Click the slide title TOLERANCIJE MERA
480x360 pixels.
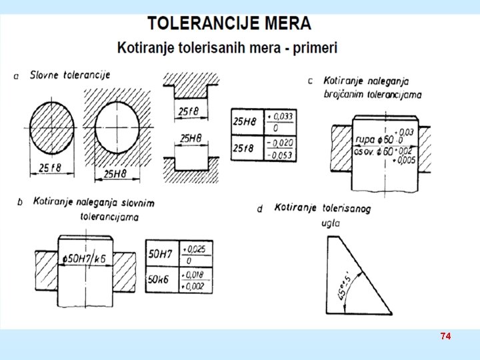(x=229, y=23)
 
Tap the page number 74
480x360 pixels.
(x=445, y=337)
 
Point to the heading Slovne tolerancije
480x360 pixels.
(x=70, y=75)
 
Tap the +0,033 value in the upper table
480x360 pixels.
(x=280, y=115)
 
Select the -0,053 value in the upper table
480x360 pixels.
(x=280, y=155)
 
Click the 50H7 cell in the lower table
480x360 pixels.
(x=162, y=254)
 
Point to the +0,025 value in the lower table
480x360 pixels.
(x=195, y=249)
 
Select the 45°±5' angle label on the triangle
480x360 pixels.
(x=345, y=280)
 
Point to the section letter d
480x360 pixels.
(x=260, y=209)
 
